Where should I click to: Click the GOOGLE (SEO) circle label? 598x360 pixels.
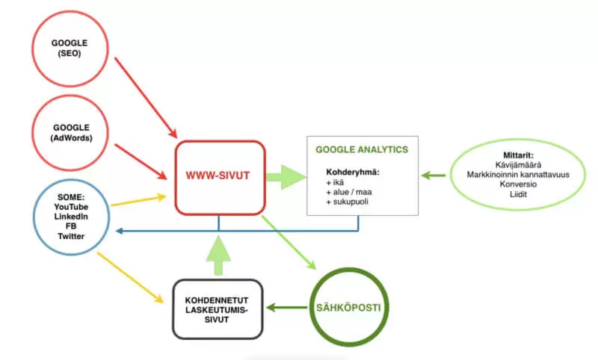pyautogui.click(x=70, y=48)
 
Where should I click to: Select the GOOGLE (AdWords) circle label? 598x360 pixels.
pyautogui.click(x=71, y=132)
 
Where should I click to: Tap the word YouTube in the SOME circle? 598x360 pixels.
pyautogui.click(x=71, y=207)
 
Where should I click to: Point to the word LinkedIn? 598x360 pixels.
pyautogui.click(x=71, y=217)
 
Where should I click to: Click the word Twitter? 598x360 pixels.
pyautogui.click(x=71, y=236)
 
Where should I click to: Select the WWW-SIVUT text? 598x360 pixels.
pyautogui.click(x=218, y=176)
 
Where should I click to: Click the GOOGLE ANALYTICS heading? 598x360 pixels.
pyautogui.click(x=362, y=149)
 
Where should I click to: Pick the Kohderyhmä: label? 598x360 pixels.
pyautogui.click(x=353, y=173)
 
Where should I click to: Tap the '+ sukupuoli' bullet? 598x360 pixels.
pyautogui.click(x=347, y=202)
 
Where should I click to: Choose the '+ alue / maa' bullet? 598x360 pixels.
pyautogui.click(x=349, y=192)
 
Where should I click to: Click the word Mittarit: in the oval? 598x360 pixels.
pyautogui.click(x=518, y=155)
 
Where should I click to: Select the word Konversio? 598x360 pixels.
pyautogui.click(x=518, y=184)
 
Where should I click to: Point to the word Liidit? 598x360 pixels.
pyautogui.click(x=518, y=194)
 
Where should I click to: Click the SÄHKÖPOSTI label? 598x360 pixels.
pyautogui.click(x=348, y=308)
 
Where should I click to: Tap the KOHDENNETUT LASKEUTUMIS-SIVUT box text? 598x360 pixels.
pyautogui.click(x=217, y=310)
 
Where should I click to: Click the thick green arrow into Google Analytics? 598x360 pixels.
pyautogui.click(x=286, y=177)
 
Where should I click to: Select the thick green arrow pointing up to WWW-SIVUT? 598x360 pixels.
pyautogui.click(x=218, y=255)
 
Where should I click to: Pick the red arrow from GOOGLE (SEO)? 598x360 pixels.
pyautogui.click(x=146, y=98)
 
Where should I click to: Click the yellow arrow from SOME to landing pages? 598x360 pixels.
pyautogui.click(x=130, y=277)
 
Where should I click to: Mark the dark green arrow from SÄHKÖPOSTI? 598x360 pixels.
pyautogui.click(x=287, y=308)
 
